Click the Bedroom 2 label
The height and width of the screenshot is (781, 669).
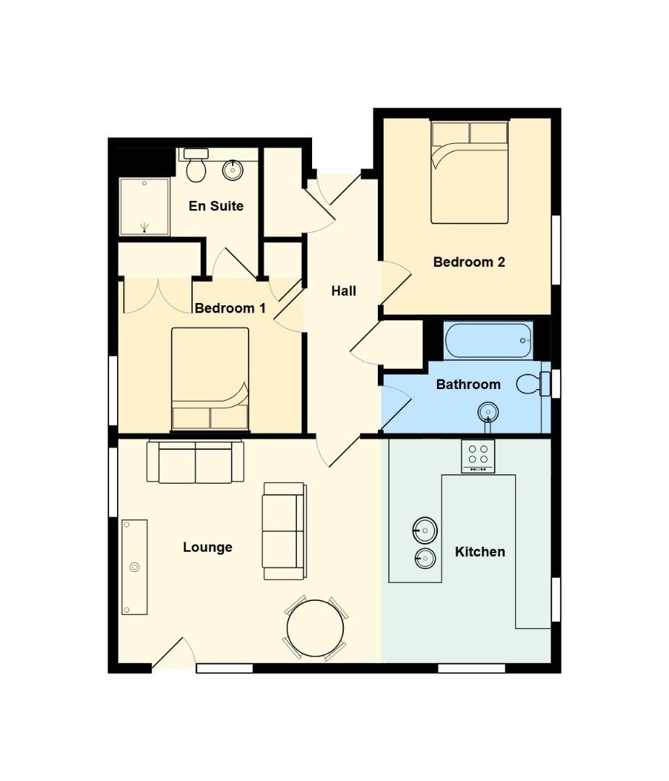(x=469, y=262)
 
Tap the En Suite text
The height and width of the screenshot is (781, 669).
(x=216, y=205)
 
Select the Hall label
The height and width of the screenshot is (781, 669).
(x=343, y=291)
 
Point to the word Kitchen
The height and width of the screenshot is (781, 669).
(x=480, y=552)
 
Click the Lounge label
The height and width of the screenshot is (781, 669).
(x=207, y=547)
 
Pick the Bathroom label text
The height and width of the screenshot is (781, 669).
(x=468, y=385)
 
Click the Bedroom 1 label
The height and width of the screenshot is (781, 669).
(x=230, y=308)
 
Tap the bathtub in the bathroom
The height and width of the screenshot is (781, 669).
(x=488, y=341)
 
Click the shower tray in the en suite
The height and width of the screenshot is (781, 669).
(x=144, y=207)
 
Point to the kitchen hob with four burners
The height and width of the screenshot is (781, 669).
(x=478, y=456)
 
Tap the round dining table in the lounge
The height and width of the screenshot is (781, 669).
(x=315, y=628)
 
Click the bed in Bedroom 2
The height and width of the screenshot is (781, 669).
(x=470, y=172)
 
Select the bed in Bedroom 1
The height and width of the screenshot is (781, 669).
(x=210, y=379)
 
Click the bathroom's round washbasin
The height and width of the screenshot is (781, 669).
(x=488, y=412)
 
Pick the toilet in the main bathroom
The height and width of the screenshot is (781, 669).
(x=533, y=384)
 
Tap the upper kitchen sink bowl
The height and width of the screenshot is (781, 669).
(x=425, y=530)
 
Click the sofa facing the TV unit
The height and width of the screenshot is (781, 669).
(x=284, y=531)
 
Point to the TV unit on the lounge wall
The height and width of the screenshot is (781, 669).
(x=134, y=568)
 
